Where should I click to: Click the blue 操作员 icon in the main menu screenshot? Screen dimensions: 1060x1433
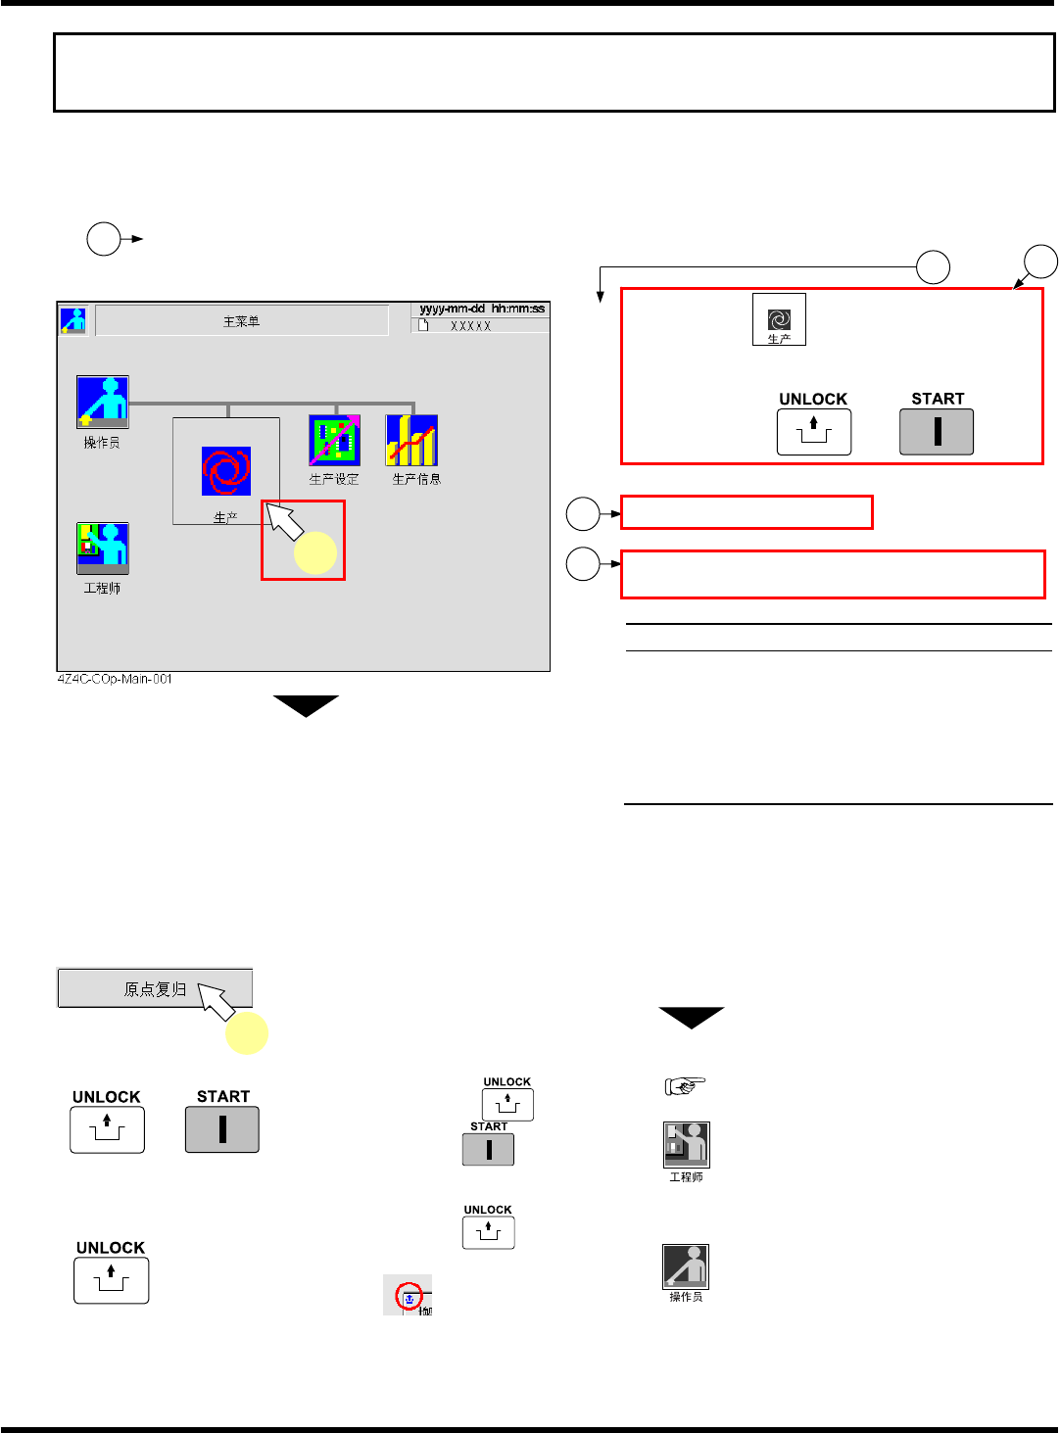[103, 402]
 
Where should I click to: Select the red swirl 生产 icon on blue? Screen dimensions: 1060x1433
[226, 471]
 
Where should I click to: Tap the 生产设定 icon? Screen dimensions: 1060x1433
[334, 440]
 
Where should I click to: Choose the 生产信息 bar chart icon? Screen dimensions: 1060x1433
[411, 440]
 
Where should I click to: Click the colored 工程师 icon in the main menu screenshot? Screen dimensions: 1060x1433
[103, 548]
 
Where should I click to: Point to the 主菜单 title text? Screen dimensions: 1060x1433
[241, 321]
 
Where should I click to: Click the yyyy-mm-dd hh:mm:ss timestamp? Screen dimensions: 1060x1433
[482, 309]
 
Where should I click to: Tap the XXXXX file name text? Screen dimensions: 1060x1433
[470, 326]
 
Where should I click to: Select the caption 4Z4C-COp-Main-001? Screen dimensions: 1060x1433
[115, 679]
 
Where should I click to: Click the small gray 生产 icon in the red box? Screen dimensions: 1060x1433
[779, 319]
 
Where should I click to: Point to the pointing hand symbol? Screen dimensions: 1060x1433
[686, 1085]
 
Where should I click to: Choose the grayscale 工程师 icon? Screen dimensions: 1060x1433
[686, 1145]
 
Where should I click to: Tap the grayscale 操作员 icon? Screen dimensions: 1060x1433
[686, 1266]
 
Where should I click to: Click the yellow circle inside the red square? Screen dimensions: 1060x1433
[315, 552]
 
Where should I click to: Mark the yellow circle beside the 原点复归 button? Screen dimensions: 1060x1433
[247, 1033]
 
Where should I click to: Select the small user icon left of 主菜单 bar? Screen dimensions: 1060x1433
[73, 320]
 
